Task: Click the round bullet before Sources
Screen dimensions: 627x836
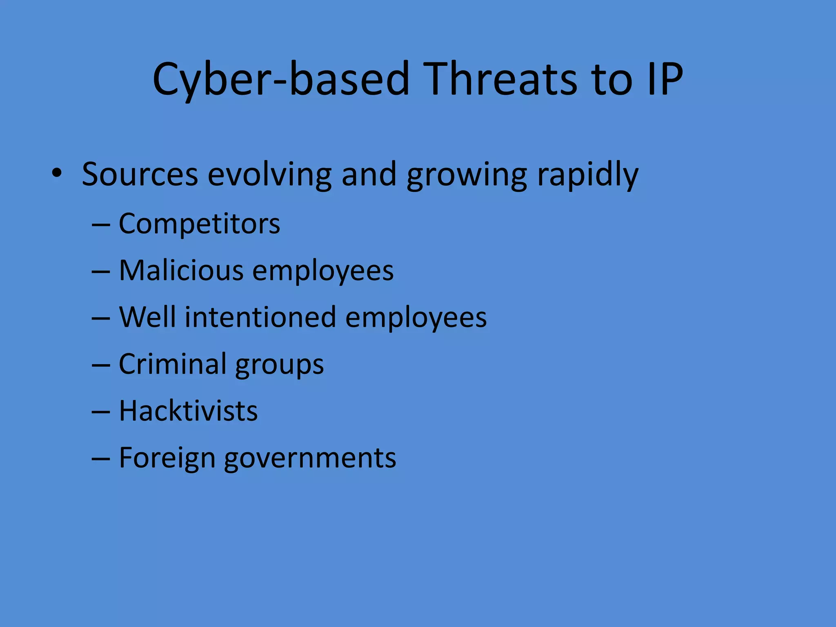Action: pos(57,173)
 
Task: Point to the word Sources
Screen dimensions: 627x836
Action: pos(140,174)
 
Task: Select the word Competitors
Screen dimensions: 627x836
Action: pos(199,224)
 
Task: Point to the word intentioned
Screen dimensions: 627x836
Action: pos(260,317)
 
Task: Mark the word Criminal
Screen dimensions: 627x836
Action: pos(172,364)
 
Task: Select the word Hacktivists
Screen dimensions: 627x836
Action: pos(188,411)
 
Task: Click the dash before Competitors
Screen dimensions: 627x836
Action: pos(101,225)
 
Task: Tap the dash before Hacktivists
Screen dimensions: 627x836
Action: pos(101,412)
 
